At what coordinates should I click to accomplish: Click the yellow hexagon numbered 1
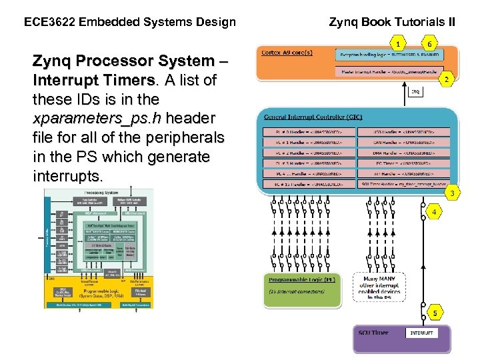coord(398,44)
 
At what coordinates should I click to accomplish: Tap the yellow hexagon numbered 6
coord(430,44)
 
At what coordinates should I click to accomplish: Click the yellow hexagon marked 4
coord(434,212)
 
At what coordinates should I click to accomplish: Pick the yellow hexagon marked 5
coord(435,312)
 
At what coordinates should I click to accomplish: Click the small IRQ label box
coord(415,92)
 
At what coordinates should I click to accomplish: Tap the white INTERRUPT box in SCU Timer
coord(421,332)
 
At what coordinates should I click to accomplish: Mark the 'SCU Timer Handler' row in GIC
coord(405,183)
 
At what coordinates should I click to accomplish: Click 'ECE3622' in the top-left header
coord(49,22)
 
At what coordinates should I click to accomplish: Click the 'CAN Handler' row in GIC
coord(405,142)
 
